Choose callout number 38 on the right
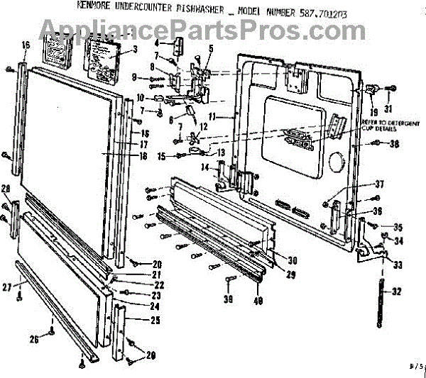coord(395,144)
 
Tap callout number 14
coord(204,167)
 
